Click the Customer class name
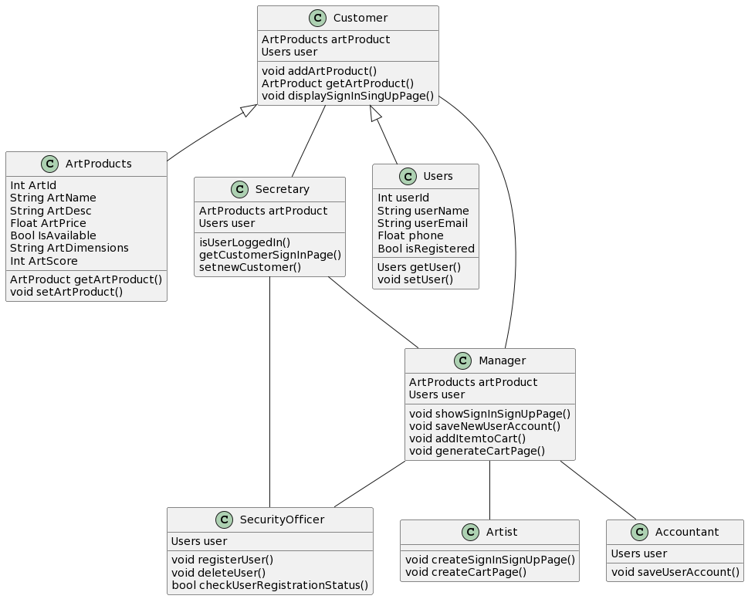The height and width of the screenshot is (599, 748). [360, 18]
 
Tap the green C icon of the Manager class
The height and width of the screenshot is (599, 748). [462, 360]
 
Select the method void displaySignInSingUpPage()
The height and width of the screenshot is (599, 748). [347, 96]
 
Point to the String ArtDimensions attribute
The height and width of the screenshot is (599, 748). [69, 248]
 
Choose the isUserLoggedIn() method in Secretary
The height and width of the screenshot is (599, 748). [244, 242]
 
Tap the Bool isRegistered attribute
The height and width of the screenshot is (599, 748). [425, 249]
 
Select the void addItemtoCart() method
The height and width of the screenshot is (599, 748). [467, 438]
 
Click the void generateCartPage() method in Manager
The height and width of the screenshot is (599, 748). [476, 451]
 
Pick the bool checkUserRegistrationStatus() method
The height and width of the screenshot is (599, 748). [269, 585]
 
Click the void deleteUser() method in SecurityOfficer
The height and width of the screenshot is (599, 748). [218, 572]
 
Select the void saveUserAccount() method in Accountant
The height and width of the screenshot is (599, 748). [675, 572]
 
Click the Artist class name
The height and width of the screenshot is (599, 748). [502, 532]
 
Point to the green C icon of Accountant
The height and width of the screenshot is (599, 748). [639, 532]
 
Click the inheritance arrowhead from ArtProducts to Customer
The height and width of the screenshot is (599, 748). [249, 110]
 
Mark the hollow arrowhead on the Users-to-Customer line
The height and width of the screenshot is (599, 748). [375, 113]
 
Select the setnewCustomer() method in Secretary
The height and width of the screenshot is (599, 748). [249, 267]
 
